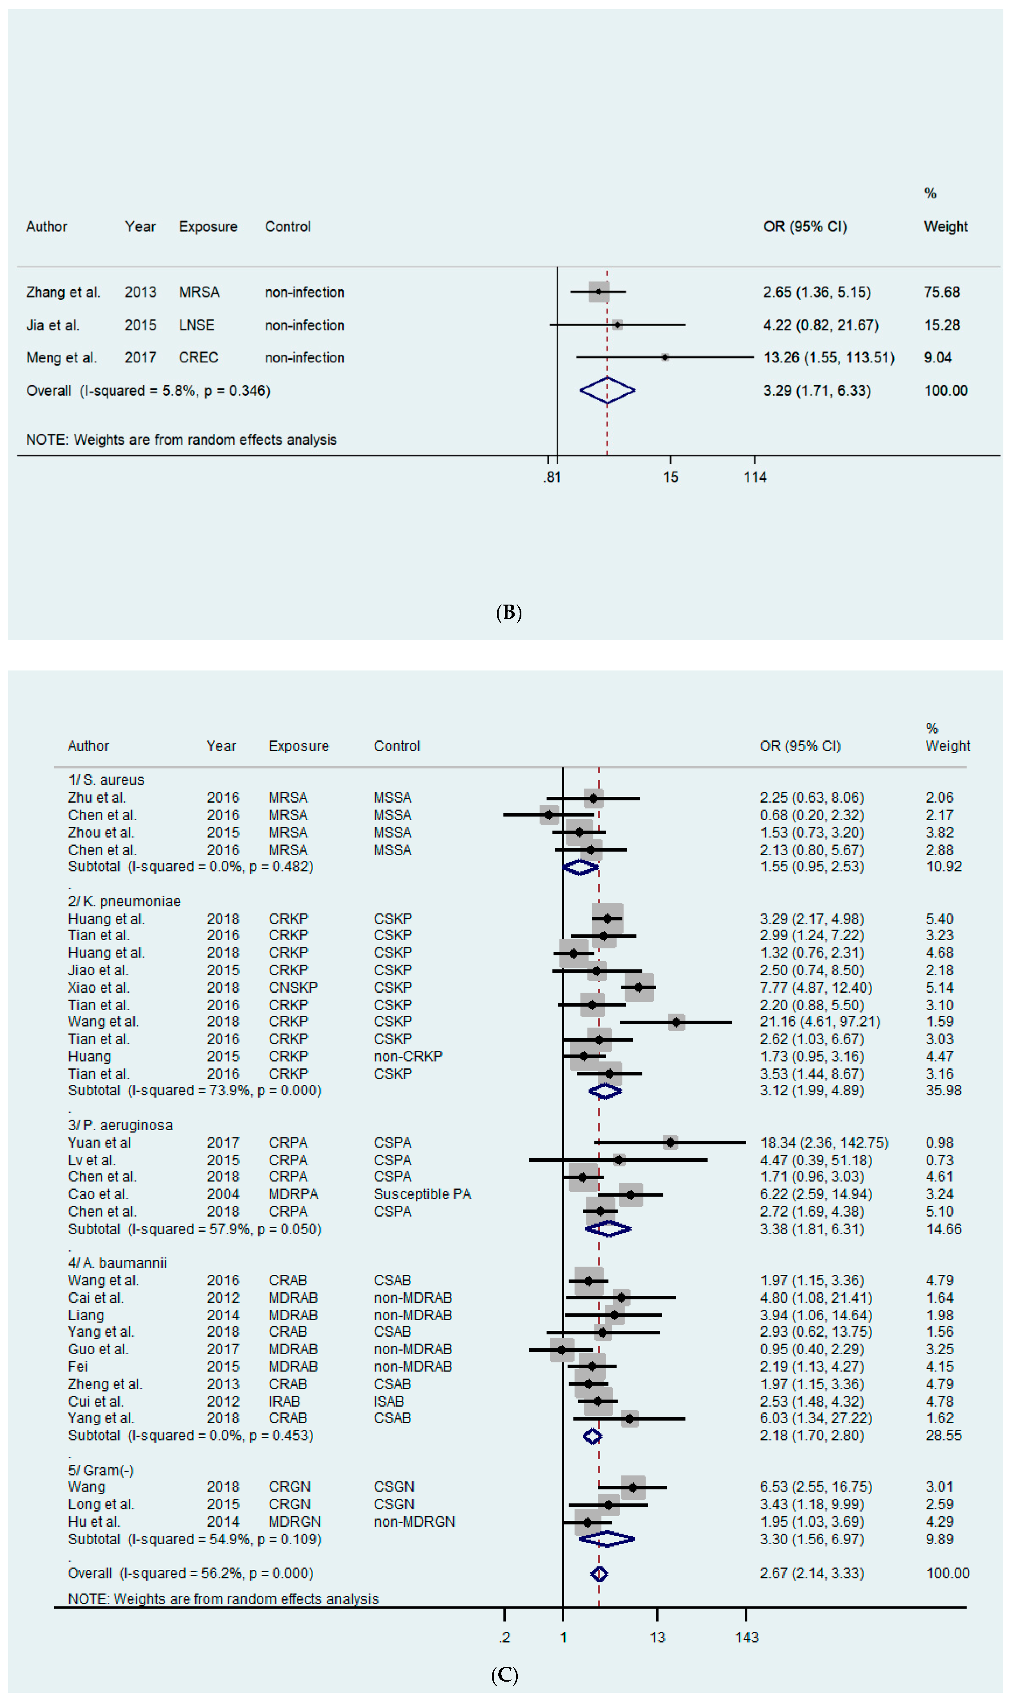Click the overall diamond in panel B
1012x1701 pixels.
click(x=607, y=391)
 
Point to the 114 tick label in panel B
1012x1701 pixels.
click(x=755, y=477)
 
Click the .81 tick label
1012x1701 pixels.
click(x=552, y=477)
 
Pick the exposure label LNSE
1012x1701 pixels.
click(x=196, y=325)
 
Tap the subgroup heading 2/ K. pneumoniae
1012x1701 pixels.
click(x=124, y=901)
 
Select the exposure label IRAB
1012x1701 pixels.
click(x=284, y=1402)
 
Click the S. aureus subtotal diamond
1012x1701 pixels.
click(x=580, y=867)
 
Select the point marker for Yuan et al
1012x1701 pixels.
click(x=670, y=1143)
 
